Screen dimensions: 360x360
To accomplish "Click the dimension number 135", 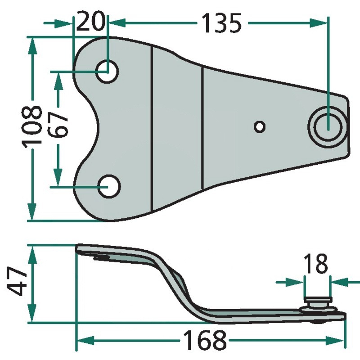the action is coord(221,23).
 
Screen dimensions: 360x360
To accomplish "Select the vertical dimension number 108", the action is coord(31,125).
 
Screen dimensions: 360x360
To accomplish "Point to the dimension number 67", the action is coord(58,125).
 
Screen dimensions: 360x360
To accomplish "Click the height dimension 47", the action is coord(17,281).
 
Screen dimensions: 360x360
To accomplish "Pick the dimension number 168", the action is coord(205,340).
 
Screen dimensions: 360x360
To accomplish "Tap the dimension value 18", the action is coord(315,264).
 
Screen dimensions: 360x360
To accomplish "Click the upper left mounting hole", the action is coord(107,72).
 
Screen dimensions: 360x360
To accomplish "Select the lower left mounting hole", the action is coord(109,186).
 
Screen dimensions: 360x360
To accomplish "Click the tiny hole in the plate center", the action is coord(260,127).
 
